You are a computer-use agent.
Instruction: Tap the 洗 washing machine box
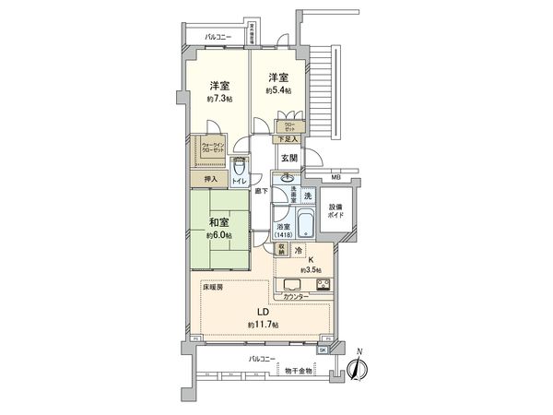coord(308,195)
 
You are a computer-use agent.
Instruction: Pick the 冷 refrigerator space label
coord(300,250)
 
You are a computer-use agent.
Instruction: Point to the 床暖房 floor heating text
coord(213,289)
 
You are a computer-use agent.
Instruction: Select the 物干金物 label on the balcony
coord(298,370)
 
